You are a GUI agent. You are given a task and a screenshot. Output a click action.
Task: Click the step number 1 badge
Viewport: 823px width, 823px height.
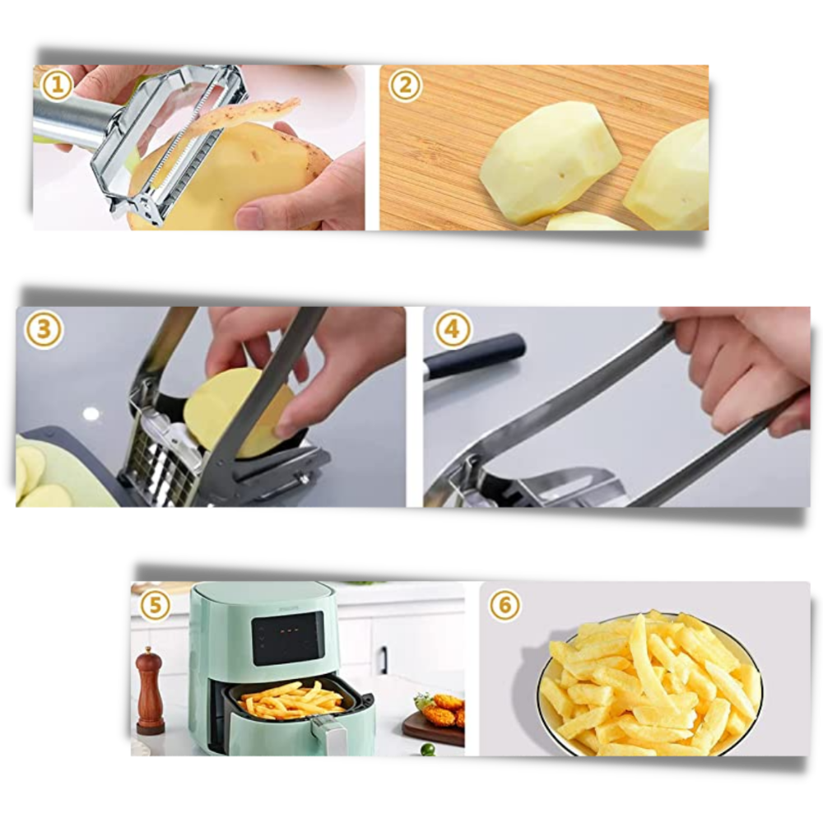pyautogui.click(x=57, y=84)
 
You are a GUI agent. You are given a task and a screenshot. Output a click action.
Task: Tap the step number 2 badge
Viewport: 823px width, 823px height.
pyautogui.click(x=405, y=84)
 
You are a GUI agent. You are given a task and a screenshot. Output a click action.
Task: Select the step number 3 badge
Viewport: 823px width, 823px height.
pyautogui.click(x=44, y=330)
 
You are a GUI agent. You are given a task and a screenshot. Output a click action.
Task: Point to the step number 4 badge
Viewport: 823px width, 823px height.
pyautogui.click(x=452, y=330)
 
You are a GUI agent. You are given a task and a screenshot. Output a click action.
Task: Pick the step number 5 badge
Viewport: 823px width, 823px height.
pyautogui.click(x=155, y=606)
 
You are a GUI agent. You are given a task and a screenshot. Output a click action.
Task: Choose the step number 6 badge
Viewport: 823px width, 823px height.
pyautogui.click(x=504, y=606)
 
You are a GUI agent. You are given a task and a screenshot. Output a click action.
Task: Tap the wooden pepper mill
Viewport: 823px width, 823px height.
pyautogui.click(x=150, y=691)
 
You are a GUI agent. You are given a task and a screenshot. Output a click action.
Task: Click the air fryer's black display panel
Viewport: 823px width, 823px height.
pyautogui.click(x=288, y=638)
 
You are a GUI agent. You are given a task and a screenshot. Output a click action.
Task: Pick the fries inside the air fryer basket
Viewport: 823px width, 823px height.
pyautogui.click(x=292, y=701)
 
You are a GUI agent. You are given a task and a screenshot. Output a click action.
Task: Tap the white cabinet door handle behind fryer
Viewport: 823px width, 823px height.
pyautogui.click(x=383, y=659)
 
